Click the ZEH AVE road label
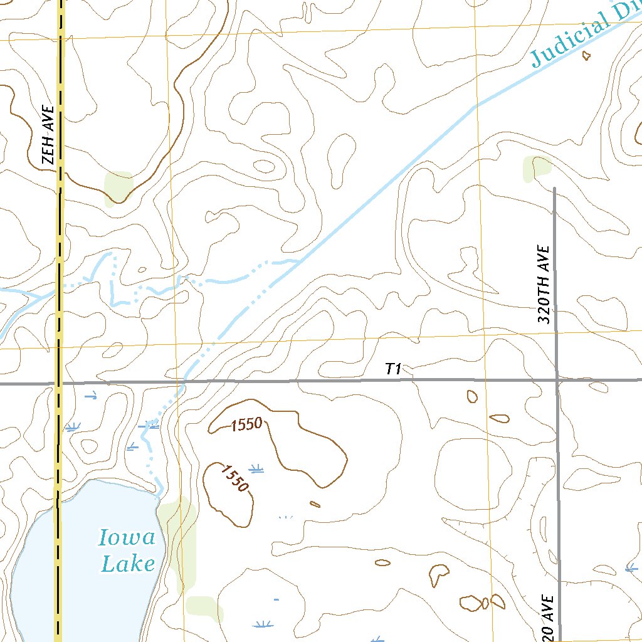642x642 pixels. [48, 135]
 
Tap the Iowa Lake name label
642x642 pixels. [128, 550]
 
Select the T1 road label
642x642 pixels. [393, 369]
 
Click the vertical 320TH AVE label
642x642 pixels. [544, 284]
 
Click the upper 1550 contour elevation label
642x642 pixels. [246, 424]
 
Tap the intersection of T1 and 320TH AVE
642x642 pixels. [557, 379]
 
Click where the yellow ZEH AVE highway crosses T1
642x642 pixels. [60, 382]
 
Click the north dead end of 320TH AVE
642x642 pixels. [554, 188]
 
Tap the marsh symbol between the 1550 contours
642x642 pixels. [256, 468]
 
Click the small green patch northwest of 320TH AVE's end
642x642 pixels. [536, 168]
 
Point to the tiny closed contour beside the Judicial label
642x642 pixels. [586, 55]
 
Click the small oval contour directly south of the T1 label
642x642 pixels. [471, 396]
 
